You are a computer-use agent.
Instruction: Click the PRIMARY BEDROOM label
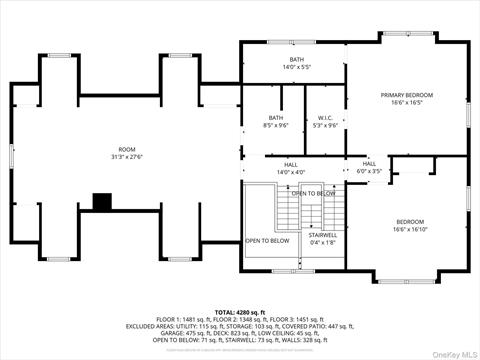tap(406, 95)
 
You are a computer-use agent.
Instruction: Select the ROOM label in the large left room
tap(127, 151)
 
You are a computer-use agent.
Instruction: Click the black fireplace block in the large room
tap(102, 201)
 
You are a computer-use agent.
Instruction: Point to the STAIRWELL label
tap(323, 235)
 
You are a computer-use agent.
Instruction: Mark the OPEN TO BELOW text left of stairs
tap(267, 241)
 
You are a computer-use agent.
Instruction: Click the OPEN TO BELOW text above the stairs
tap(313, 193)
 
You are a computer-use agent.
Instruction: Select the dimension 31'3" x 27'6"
tap(127, 157)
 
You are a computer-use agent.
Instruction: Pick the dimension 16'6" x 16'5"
tap(406, 101)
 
